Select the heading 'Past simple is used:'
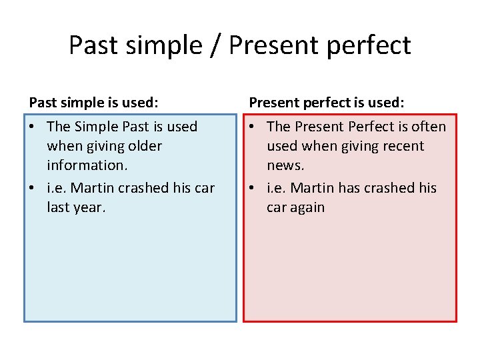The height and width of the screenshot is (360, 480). click(93, 103)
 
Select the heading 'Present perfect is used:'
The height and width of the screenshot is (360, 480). click(327, 103)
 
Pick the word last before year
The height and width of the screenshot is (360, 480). click(58, 207)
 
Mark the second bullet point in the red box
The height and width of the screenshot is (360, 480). click(253, 189)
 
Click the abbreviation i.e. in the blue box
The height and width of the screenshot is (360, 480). click(57, 188)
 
